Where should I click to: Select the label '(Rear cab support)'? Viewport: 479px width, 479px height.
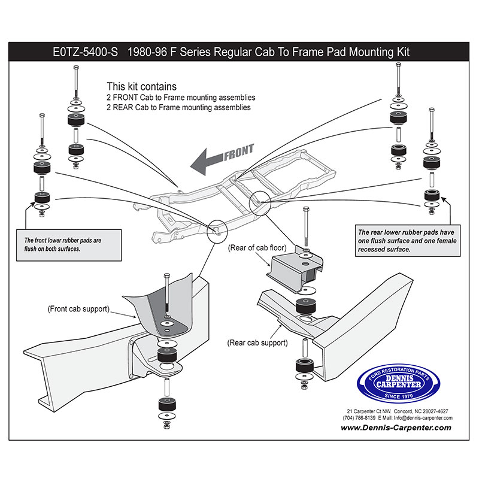pos(257,343)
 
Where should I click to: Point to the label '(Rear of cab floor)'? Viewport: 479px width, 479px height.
pos(257,247)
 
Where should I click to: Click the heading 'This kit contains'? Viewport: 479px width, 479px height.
pos(141,86)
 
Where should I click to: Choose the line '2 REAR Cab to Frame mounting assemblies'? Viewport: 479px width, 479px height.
pos(178,107)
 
